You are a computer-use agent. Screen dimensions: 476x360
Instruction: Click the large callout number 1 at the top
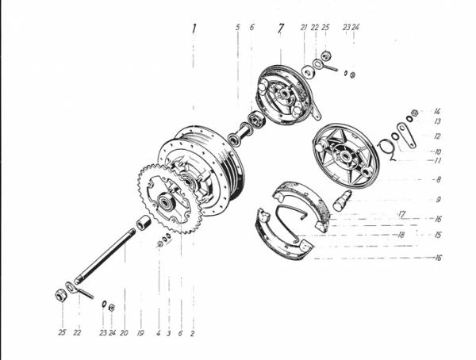pos(194,29)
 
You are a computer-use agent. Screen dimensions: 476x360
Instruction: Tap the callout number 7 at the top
pos(281,28)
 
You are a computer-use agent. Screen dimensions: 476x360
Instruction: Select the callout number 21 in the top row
pos(304,28)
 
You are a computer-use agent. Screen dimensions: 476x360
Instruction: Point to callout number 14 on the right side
pos(437,111)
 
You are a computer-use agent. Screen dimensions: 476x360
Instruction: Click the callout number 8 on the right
pos(438,180)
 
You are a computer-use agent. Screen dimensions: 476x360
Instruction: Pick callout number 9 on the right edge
pos(439,200)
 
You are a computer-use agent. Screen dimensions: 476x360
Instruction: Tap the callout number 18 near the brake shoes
pos(401,235)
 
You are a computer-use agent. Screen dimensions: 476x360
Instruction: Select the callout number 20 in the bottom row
pos(124,333)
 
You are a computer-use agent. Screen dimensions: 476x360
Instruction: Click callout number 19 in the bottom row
pos(140,333)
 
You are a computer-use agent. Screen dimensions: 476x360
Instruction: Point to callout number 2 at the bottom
pos(192,333)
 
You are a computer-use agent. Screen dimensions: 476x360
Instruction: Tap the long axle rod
pos(105,256)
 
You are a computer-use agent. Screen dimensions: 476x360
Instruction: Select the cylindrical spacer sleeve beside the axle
pos(144,223)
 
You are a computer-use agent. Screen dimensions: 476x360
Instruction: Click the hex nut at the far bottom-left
pos(60,295)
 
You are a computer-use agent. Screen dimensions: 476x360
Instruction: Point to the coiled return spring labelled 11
pos(387,149)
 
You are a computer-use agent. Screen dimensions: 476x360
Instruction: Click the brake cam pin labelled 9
pos(342,201)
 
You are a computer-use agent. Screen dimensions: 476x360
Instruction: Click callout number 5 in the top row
pos(238,27)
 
